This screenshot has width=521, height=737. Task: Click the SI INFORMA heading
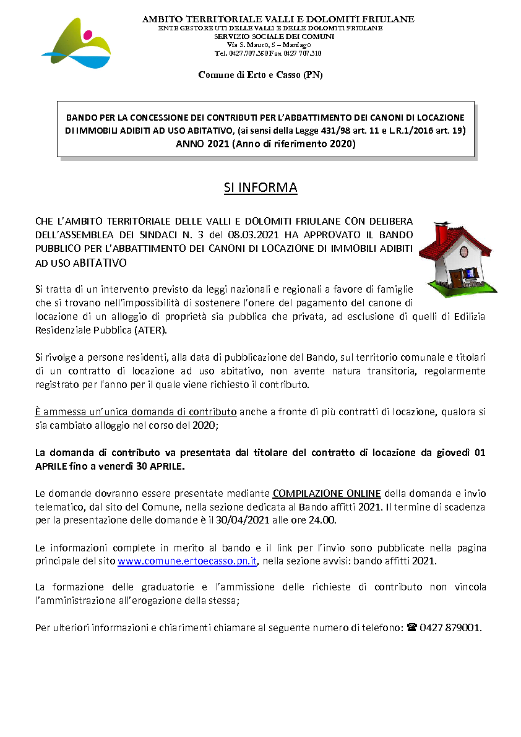[260, 187]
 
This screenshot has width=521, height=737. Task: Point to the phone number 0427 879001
[450, 627]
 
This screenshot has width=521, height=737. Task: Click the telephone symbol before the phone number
[412, 627]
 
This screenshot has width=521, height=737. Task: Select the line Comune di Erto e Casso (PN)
[260, 75]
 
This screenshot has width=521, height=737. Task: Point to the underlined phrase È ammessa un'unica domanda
[136, 411]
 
